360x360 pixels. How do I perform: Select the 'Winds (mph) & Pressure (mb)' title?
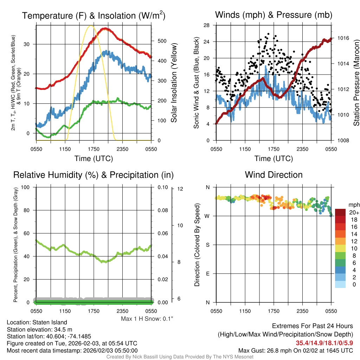pos(274,15)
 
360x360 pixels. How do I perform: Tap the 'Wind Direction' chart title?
pos(274,175)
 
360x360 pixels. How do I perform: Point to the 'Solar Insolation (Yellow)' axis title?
pos(174,83)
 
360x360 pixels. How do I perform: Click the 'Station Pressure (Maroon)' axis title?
pos(356,83)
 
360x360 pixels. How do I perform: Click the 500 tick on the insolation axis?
pos(162,41)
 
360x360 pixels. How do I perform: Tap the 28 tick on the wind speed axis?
pos(207,25)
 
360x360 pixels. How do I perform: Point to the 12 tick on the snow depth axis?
pos(181,189)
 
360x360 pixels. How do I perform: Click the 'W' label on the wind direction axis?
pos(207,216)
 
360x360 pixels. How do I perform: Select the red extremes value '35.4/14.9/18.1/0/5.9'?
pos(324,343)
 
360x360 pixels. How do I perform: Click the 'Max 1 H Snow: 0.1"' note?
pos(147,319)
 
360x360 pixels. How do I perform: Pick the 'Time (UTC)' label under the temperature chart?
pos(94,159)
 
